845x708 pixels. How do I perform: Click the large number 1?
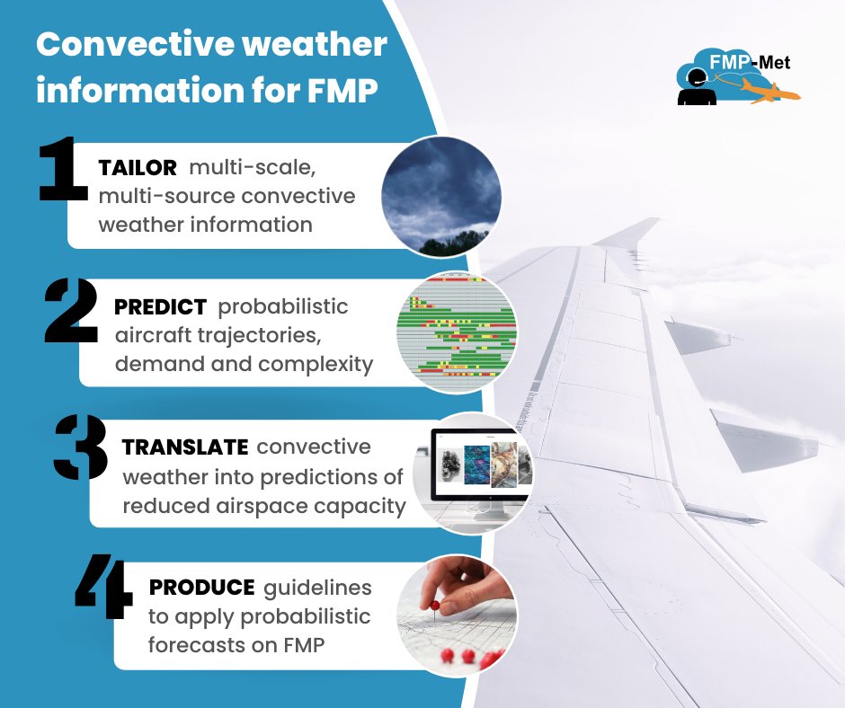point(64,168)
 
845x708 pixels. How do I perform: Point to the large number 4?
point(104,588)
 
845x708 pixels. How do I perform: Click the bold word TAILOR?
point(138,168)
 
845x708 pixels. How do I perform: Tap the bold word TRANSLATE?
point(184,447)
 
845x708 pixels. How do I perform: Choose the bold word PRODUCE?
point(201,587)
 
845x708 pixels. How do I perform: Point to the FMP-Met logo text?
point(760,63)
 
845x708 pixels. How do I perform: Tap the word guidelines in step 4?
point(317,588)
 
